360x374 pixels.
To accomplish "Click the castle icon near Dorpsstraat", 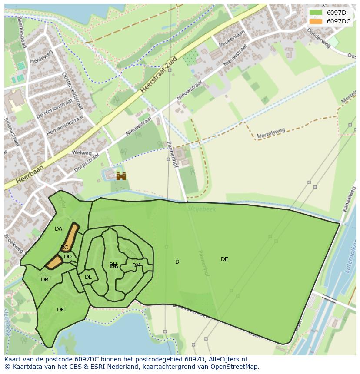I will coord(121,176).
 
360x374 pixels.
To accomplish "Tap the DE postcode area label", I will coord(224,259).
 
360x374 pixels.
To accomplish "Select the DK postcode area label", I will coord(60,310).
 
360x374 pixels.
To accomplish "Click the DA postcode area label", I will coord(58,229).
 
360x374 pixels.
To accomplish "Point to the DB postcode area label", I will coord(44,280).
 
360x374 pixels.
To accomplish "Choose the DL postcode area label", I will coord(88,277).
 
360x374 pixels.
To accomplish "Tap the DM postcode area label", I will coord(136,265).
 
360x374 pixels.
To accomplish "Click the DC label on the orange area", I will coord(64,248).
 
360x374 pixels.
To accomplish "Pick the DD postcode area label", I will coord(68,257).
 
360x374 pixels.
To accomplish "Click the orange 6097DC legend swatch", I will coord(316,21).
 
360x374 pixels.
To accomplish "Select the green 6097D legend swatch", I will coord(316,13).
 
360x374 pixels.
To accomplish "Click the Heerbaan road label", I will coord(30,174).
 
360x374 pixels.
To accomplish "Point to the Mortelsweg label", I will coord(271,130).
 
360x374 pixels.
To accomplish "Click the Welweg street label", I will coord(82,153).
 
